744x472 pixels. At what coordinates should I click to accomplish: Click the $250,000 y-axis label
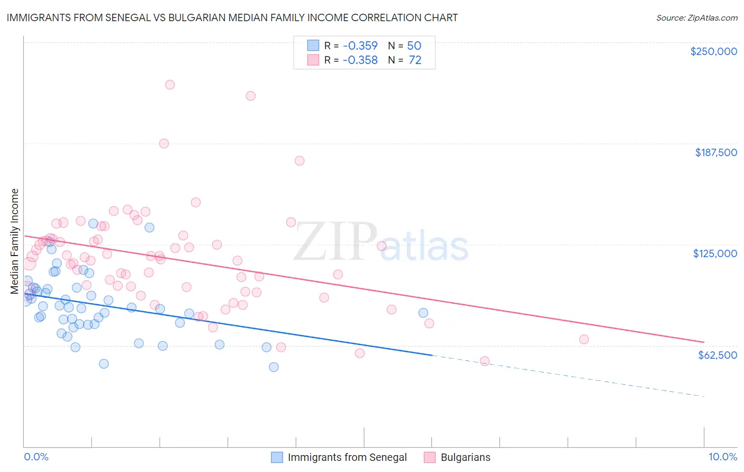click(713, 51)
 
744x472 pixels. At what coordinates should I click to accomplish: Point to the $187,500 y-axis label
click(715, 152)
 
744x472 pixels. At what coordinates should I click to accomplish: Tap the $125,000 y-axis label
click(715, 253)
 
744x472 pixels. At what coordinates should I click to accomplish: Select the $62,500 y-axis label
click(717, 355)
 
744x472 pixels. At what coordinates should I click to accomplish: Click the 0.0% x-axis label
click(36, 457)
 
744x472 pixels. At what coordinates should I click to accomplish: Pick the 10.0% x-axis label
click(722, 457)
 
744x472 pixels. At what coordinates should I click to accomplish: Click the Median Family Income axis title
click(14, 241)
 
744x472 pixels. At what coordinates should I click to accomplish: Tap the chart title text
click(232, 17)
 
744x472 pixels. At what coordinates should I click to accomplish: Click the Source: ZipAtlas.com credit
click(696, 18)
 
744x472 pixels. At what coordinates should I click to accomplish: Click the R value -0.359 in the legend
click(360, 46)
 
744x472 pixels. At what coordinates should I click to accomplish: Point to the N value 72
click(415, 60)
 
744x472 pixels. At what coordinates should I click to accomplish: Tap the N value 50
click(414, 46)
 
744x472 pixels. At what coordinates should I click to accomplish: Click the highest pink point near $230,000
click(170, 85)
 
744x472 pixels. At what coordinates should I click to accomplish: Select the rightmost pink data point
click(584, 339)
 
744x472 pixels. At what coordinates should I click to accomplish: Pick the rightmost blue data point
click(423, 313)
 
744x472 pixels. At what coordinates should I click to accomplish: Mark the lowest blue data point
click(274, 367)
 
